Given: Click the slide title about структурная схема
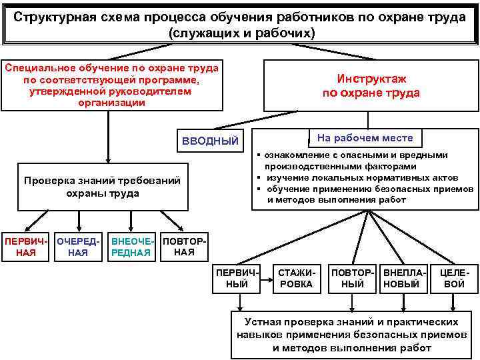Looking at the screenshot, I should coord(240,24).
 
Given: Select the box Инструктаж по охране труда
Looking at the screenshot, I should coord(371,86).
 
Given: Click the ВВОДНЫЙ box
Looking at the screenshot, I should coord(211,141).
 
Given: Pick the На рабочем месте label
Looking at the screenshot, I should coord(365,138).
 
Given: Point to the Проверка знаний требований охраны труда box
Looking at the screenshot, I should coord(102,187).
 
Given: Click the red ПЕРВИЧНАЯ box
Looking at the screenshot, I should coord(26,246).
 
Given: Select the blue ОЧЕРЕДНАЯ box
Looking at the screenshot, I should coord(78,246).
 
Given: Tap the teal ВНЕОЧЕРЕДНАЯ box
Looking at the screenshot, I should coord(133,246).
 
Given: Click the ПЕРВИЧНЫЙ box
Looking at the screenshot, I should coord(234,278).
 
